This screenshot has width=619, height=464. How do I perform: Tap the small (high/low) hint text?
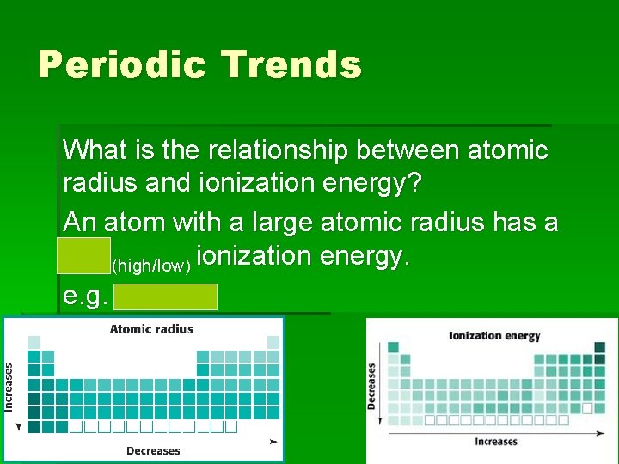[151, 266]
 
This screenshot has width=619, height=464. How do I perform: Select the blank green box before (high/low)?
[84, 256]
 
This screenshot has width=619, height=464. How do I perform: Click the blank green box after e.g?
[165, 296]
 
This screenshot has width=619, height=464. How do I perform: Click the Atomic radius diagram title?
[151, 329]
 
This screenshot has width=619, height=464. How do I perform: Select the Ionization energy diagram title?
[494, 336]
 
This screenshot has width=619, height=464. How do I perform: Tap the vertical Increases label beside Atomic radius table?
[9, 388]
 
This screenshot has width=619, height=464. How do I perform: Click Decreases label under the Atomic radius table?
[153, 450]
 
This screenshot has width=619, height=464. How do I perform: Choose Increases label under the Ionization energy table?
[495, 442]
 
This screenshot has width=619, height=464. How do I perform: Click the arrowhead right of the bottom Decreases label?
[273, 441]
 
